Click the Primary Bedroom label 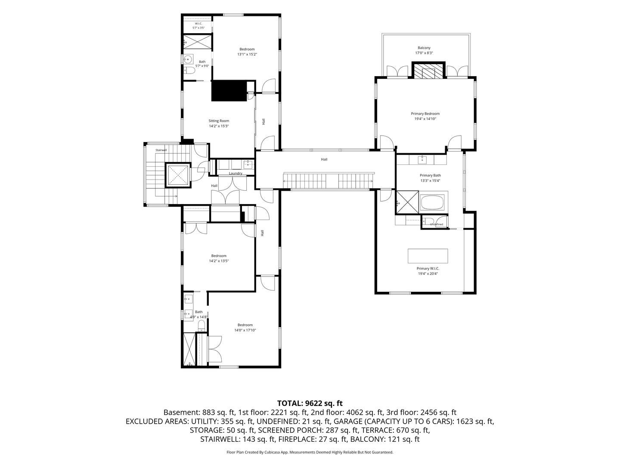pyautogui.click(x=425, y=114)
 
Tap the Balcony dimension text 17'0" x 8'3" pyautogui.click(x=424, y=53)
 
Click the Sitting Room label pyautogui.click(x=219, y=121)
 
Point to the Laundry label pyautogui.click(x=235, y=174)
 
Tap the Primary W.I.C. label pyautogui.click(x=428, y=269)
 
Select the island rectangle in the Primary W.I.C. pyautogui.click(x=428, y=256)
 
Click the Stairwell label pyautogui.click(x=161, y=150)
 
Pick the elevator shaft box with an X pyautogui.click(x=178, y=175)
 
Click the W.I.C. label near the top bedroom pyautogui.click(x=198, y=23)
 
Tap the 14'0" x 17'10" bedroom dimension pyautogui.click(x=245, y=330)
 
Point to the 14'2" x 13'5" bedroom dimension pyautogui.click(x=219, y=261)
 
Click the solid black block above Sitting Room pyautogui.click(x=229, y=90)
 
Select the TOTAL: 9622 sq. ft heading pyautogui.click(x=310, y=403)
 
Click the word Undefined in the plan pyautogui.click(x=437, y=224)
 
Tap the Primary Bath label pyautogui.click(x=430, y=175)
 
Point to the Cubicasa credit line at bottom pyautogui.click(x=310, y=452)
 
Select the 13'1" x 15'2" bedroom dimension pyautogui.click(x=247, y=54)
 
